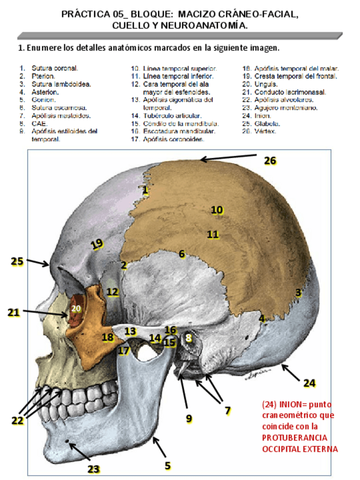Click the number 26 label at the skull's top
[270, 161]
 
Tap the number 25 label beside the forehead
[17, 261]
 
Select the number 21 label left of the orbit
[14, 312]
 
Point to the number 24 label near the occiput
[308, 383]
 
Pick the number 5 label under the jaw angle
[168, 465]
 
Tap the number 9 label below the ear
[188, 418]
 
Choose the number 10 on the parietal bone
[217, 209]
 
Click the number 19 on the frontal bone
[97, 243]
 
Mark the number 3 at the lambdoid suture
[298, 293]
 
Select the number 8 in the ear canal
[189, 338]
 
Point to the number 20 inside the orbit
[76, 308]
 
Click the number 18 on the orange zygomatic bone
[108, 337]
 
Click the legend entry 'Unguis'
[265, 83]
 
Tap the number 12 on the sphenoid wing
[113, 292]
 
